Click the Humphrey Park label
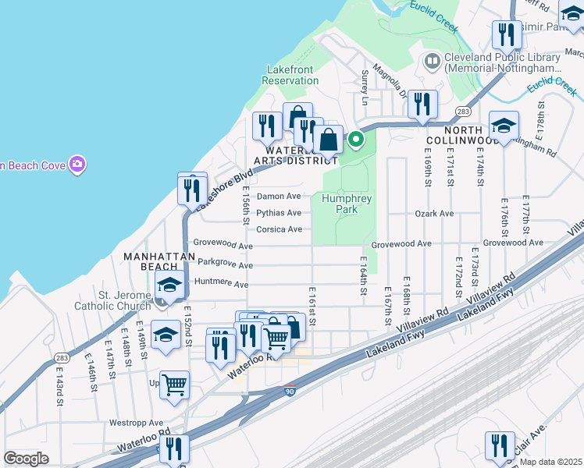pyautogui.click(x=347, y=204)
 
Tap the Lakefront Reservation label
pyautogui.click(x=290, y=75)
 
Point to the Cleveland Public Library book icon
pyautogui.click(x=432, y=61)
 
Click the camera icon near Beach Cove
pyautogui.click(x=77, y=164)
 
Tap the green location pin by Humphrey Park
pyautogui.click(x=356, y=140)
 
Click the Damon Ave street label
pyautogui.click(x=279, y=197)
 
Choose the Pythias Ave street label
pyautogui.click(x=279, y=213)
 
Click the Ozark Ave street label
pyautogui.click(x=434, y=213)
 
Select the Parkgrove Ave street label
pyautogui.click(x=225, y=265)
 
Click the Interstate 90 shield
pyautogui.click(x=290, y=392)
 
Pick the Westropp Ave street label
pyautogui.click(x=135, y=423)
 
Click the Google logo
pyautogui.click(x=26, y=459)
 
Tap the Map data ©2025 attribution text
pyautogui.click(x=550, y=462)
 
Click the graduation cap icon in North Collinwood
pyautogui.click(x=504, y=125)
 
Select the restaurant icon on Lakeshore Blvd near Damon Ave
pyautogui.click(x=191, y=189)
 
